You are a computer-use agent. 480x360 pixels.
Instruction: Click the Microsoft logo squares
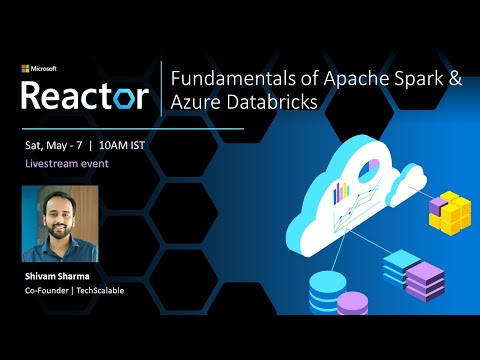(26, 69)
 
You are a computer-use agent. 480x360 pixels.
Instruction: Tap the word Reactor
(85, 96)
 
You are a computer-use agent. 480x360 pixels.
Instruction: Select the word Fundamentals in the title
(225, 78)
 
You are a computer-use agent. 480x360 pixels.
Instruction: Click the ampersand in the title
(454, 78)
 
